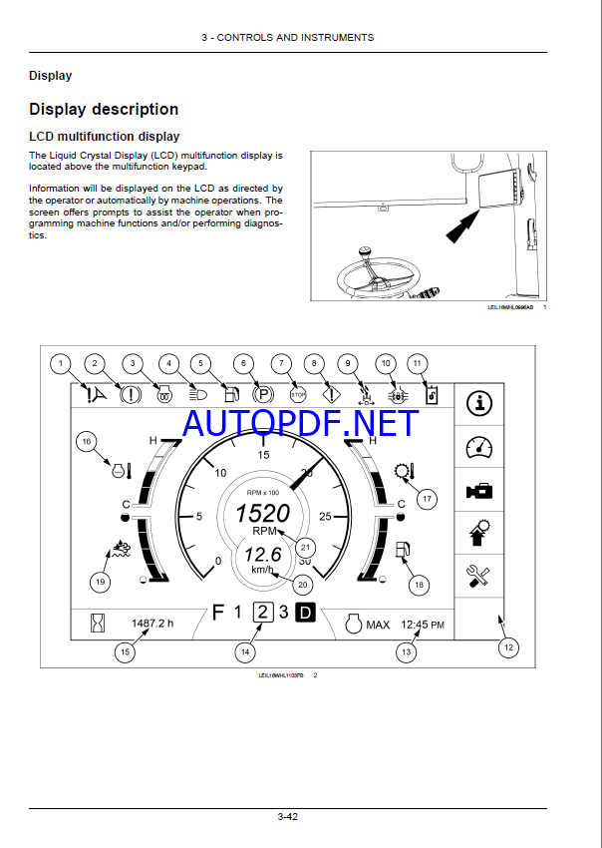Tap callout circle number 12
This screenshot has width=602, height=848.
[x=507, y=647]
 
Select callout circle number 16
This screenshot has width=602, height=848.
[x=87, y=441]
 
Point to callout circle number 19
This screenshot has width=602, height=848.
[x=99, y=581]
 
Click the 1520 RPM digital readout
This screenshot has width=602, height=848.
[x=262, y=513]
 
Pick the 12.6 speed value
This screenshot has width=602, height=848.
[x=263, y=555]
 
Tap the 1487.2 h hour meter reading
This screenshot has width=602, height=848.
[x=152, y=624]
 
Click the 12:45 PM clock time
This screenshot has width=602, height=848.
[x=423, y=625]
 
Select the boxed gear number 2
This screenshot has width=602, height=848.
[x=263, y=613]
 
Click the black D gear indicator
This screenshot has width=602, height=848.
[x=306, y=613]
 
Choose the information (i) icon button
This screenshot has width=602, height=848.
[x=479, y=403]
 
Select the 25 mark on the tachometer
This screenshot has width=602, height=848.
[x=326, y=516]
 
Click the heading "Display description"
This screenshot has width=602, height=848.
[x=104, y=109]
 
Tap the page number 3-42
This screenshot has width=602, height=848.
[x=287, y=817]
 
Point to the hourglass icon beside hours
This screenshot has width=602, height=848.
[x=97, y=625]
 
